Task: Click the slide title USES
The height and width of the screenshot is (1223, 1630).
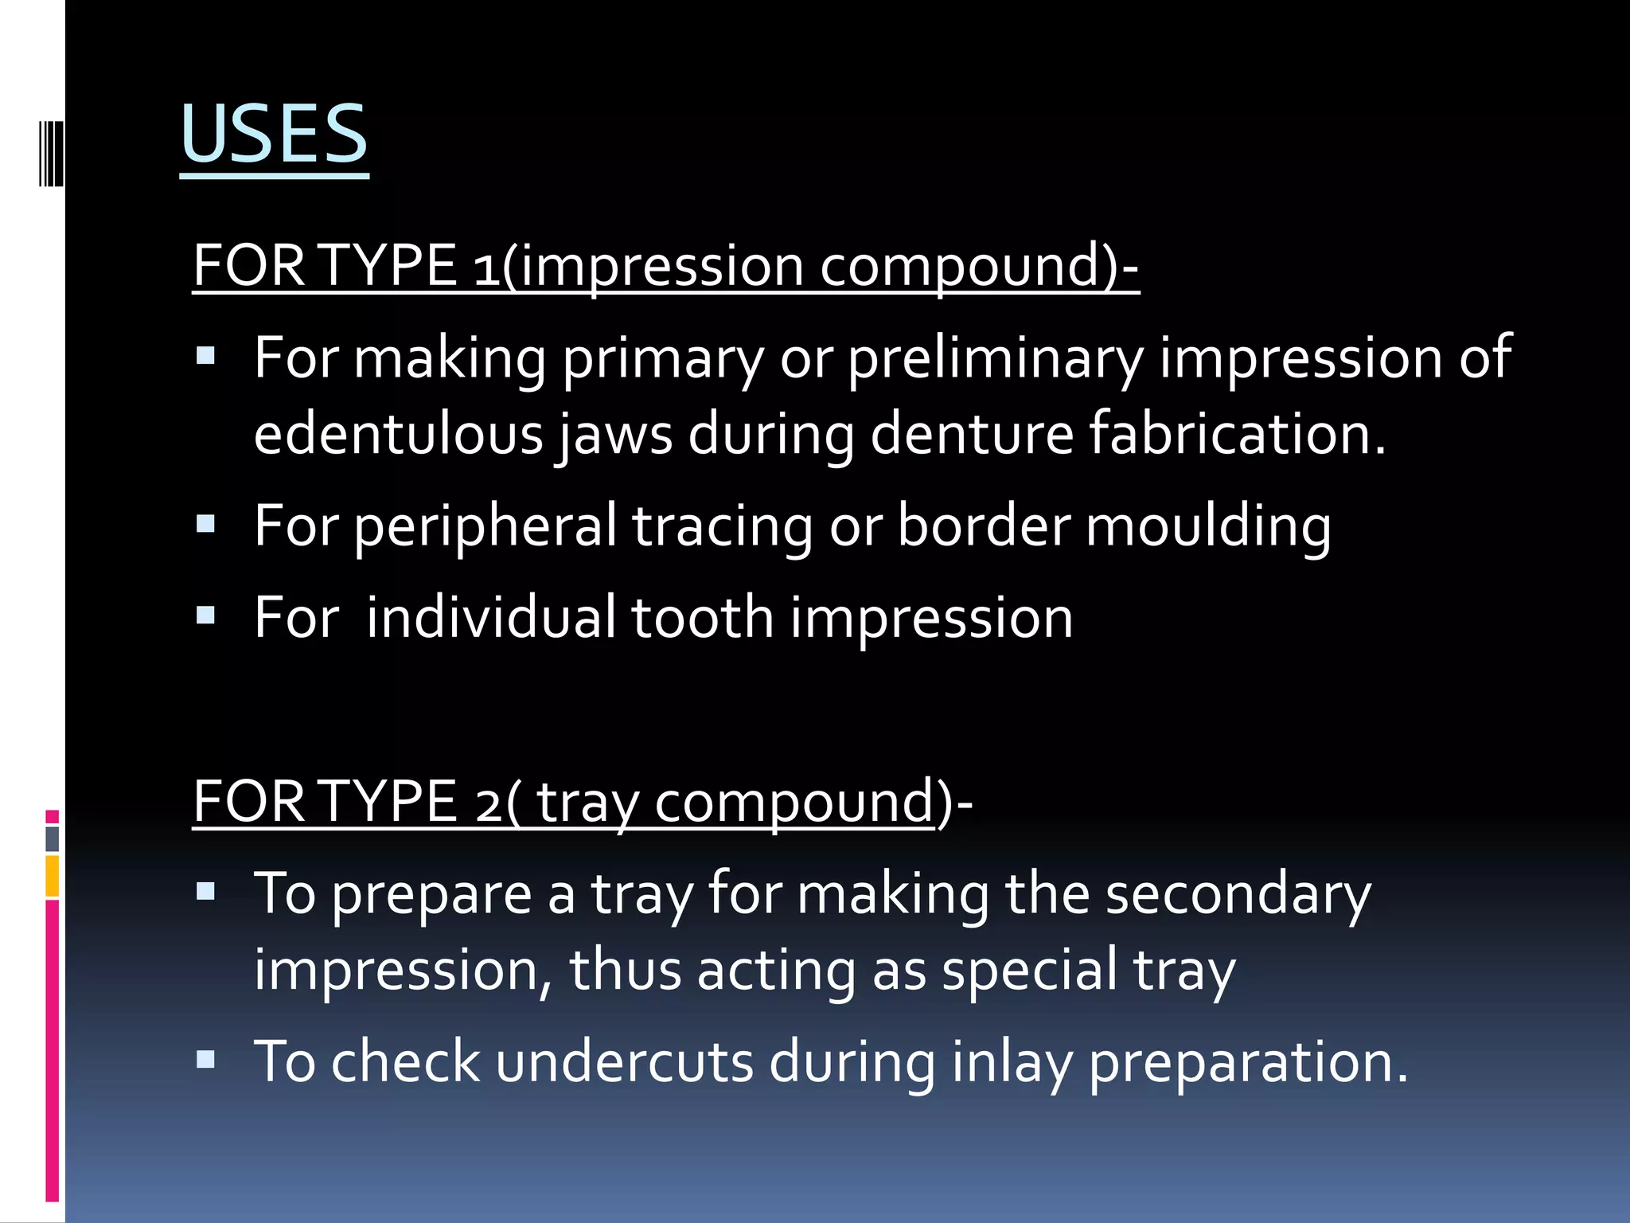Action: [274, 134]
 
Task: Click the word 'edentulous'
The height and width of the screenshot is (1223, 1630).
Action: [398, 434]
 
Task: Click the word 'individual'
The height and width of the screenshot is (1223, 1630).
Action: [490, 617]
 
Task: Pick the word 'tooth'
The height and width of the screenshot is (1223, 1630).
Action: [702, 617]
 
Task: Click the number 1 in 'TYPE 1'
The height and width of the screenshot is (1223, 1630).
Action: [486, 267]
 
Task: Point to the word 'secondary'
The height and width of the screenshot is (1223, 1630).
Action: [1238, 894]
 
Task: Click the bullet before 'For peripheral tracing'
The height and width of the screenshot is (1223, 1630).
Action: [206, 525]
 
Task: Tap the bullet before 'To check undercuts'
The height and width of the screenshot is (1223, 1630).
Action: [206, 1060]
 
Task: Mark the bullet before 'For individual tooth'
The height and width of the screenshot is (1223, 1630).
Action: [206, 615]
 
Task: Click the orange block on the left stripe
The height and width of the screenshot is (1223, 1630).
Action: [53, 877]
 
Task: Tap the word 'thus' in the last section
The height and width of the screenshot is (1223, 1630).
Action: [625, 970]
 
